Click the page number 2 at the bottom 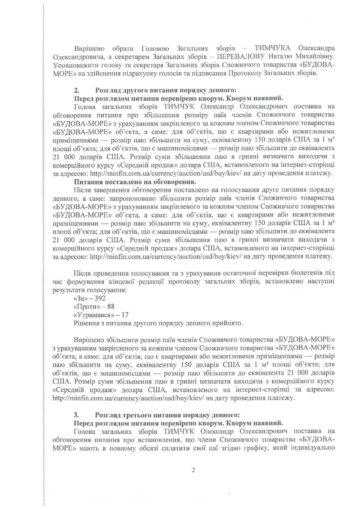[x=193, y=470]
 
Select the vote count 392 [x=100, y=298]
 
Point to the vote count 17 [x=125, y=315]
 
